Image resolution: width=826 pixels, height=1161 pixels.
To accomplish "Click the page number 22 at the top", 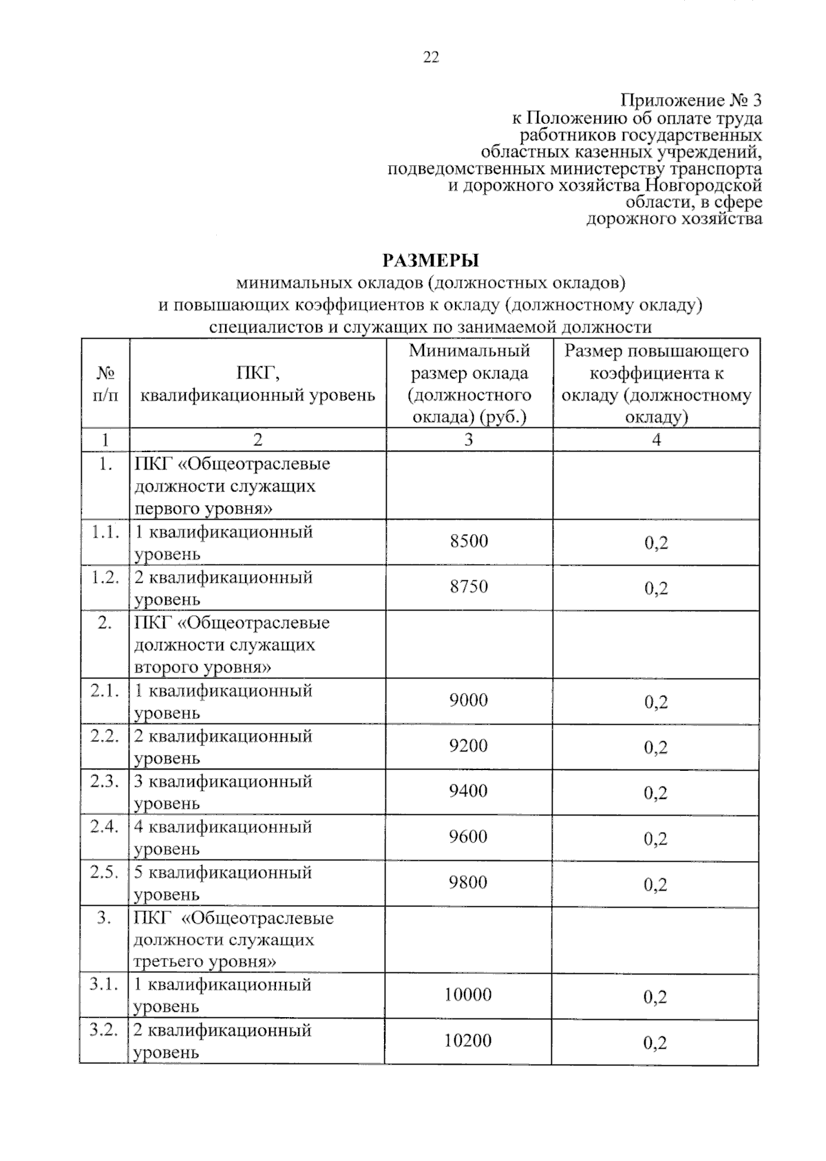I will pos(431,58).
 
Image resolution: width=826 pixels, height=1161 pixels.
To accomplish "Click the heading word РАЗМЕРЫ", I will pos(431,261).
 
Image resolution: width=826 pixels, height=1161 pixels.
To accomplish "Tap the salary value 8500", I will pos(469,542).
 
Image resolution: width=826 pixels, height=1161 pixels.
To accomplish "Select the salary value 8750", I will pos(469,587).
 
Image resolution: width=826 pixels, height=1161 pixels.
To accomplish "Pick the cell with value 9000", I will pos(469,701).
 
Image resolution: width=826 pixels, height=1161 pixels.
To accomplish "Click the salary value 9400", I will pos(469,791).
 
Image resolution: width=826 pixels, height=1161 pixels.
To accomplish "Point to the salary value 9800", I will pos(469,883).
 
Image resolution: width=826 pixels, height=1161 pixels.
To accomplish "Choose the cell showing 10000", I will pos(468,995).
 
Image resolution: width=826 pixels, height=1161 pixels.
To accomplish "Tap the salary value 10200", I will pos(468,1041).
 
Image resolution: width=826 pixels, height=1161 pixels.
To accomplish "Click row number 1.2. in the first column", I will pos(105,577).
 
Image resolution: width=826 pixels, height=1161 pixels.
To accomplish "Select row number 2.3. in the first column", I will pos(105,782).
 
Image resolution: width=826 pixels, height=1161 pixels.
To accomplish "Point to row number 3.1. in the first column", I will pos(105,985).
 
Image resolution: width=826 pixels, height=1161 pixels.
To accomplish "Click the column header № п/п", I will pos(105,384).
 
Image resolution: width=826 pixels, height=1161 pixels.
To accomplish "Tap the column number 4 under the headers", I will pos(656,440).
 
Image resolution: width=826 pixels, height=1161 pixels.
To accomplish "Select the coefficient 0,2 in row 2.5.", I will pos(655,885).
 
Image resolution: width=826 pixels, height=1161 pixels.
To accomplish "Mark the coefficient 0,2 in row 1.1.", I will pos(656,544).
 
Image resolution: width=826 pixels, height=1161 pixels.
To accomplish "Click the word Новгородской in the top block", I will pos(703,186).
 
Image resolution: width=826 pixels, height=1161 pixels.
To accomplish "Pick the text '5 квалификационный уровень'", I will pos(223,883).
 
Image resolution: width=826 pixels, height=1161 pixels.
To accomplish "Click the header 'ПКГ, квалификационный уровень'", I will pos(257,384).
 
